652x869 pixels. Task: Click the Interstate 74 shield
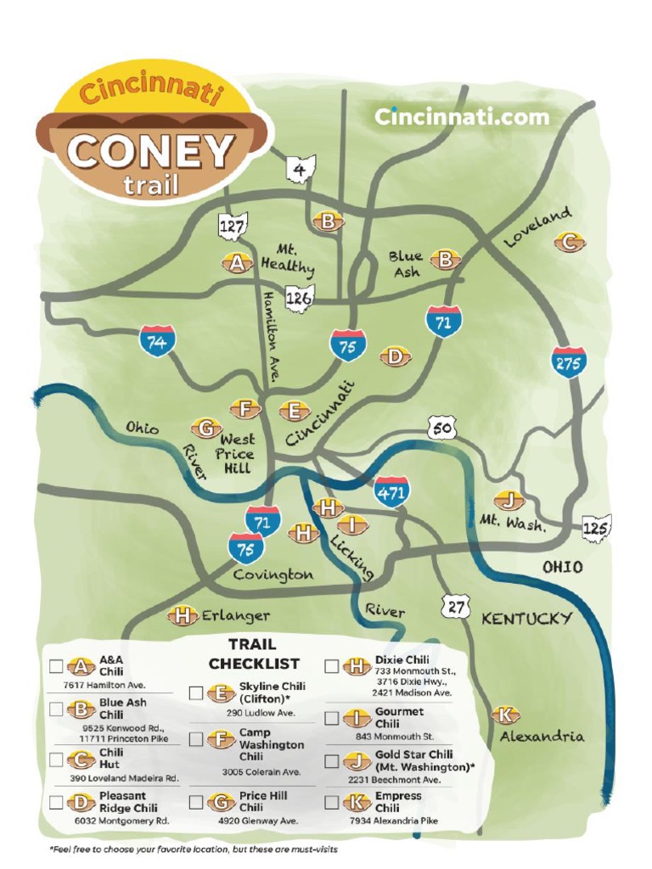(157, 341)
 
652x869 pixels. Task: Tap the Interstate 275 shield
(568, 362)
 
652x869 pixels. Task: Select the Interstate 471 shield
(391, 491)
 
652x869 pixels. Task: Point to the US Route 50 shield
(441, 429)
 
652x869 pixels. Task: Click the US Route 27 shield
(456, 605)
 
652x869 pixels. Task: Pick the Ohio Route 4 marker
(300, 169)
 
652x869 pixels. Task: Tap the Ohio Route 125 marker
(597, 527)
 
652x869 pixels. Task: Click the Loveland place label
(537, 227)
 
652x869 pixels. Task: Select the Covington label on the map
(273, 575)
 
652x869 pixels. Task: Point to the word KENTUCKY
(526, 619)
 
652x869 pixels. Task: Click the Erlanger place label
(235, 615)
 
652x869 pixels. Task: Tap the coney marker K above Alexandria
(506, 715)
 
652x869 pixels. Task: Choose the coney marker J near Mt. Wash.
(509, 500)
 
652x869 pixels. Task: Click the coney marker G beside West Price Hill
(205, 428)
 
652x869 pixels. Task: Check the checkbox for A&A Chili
(56, 666)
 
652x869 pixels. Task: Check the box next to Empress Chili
(331, 802)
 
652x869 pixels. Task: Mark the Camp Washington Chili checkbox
(196, 739)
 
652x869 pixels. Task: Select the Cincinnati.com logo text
(462, 117)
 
